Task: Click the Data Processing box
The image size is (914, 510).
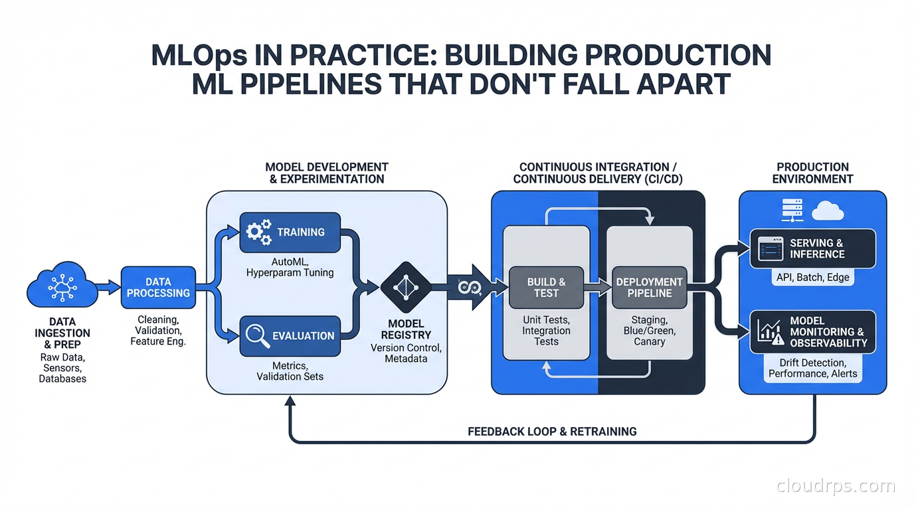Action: [x=158, y=288]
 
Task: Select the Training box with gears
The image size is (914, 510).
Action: [x=290, y=232]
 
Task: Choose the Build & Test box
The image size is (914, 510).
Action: [x=546, y=288]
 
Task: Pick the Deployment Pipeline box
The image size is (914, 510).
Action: [x=649, y=288]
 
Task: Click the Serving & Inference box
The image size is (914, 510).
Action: [x=812, y=249]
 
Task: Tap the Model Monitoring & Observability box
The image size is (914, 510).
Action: [x=812, y=331]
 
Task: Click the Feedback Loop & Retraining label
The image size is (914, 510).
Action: [x=552, y=432]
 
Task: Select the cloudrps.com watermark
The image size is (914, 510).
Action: [x=836, y=486]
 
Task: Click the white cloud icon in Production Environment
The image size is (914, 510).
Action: [x=828, y=211]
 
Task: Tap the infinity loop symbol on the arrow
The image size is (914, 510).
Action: [x=464, y=286]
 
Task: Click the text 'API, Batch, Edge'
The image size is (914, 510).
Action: [x=812, y=278]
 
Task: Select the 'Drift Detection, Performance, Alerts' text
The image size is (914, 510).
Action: [x=812, y=369]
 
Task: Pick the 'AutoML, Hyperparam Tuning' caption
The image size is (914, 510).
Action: [x=290, y=267]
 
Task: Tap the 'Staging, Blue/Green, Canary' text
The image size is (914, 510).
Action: [x=649, y=331]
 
